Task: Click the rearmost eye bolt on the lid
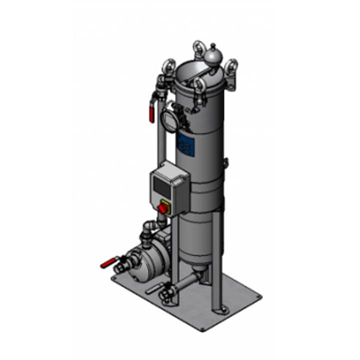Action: click(197, 48)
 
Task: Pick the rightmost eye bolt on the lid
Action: click(231, 65)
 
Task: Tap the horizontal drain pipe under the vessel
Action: click(185, 282)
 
